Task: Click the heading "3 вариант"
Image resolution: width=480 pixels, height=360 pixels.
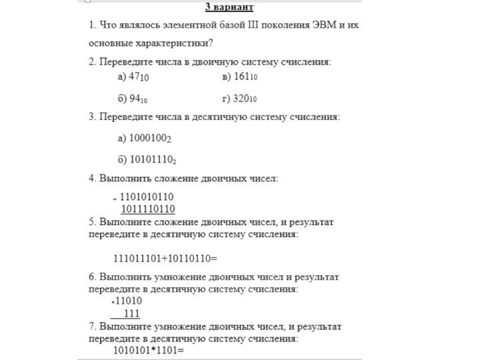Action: [229, 7]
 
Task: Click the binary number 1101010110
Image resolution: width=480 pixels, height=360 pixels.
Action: [147, 196]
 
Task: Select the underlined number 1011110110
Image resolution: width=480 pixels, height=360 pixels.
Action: [148, 209]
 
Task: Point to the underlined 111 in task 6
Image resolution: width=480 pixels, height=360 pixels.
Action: [131, 314]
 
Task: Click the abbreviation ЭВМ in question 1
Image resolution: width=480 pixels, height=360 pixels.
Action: [325, 26]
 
